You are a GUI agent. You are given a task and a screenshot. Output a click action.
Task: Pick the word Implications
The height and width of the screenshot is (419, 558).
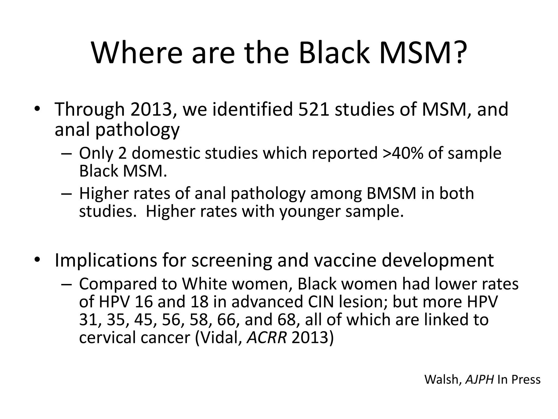(x=106, y=260)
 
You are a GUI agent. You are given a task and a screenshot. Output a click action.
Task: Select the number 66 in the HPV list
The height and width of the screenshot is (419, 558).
(x=226, y=319)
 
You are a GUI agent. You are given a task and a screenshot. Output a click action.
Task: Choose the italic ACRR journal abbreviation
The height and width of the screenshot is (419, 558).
(x=267, y=337)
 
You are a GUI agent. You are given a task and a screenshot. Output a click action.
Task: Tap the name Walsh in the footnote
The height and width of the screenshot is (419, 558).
(x=442, y=379)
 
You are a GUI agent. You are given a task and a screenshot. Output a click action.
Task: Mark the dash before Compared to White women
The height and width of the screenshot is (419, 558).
(x=66, y=285)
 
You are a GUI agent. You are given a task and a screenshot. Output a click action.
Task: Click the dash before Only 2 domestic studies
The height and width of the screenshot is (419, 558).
(x=66, y=154)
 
